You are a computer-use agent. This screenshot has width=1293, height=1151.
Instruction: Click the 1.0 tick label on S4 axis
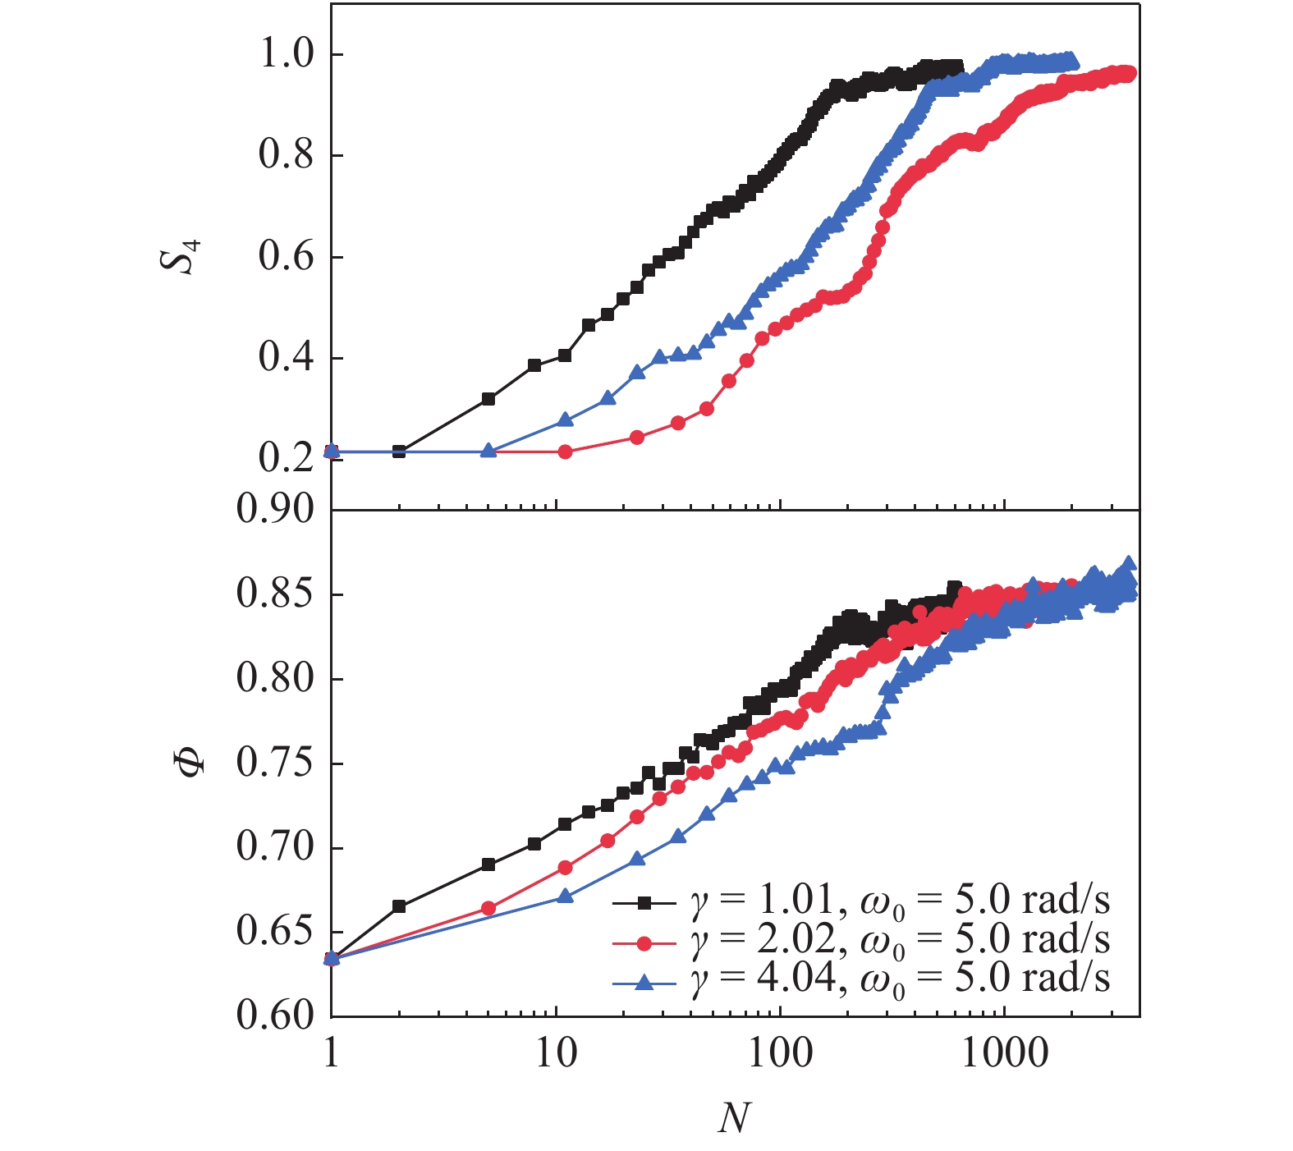(x=286, y=54)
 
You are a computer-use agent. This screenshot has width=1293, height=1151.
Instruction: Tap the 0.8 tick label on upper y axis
(x=286, y=154)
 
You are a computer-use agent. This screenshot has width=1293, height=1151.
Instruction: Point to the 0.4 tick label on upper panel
(x=286, y=357)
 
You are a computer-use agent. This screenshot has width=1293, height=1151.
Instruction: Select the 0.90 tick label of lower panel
(x=275, y=509)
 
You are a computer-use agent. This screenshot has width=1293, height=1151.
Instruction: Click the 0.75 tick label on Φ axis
(x=275, y=763)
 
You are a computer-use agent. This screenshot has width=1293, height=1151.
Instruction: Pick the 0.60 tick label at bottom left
(x=275, y=1016)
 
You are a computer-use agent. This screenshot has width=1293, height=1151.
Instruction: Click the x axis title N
(x=733, y=1117)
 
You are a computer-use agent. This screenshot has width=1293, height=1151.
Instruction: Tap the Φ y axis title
(x=190, y=763)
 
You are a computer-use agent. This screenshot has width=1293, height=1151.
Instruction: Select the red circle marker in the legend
(x=644, y=943)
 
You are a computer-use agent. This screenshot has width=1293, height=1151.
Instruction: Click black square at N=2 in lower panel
(x=399, y=906)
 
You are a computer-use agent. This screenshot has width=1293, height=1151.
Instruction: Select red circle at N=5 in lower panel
(x=488, y=908)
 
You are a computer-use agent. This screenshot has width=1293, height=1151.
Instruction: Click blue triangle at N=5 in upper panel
(x=488, y=451)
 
